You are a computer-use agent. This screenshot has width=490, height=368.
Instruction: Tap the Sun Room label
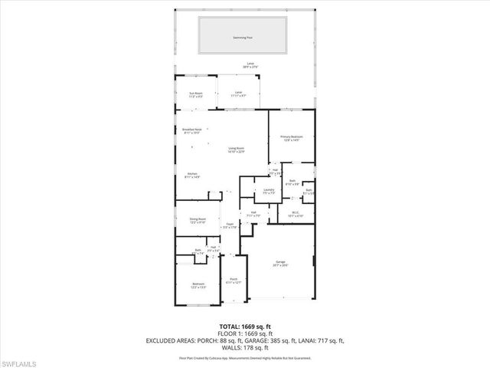coord(196,95)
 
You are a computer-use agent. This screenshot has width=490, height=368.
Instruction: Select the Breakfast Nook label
coord(191,131)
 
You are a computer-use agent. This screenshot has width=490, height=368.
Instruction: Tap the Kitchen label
coord(193,176)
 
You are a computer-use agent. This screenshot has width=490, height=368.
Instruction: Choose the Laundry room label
coord(268,191)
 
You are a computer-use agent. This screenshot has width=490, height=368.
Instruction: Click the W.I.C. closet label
coord(296,215)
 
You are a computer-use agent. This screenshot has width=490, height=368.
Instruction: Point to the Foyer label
coord(229,225)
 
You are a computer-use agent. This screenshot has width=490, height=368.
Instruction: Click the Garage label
coord(281,263)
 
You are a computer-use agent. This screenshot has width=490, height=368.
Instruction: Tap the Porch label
coord(233,281)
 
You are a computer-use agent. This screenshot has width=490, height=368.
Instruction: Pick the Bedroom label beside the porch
coord(198,285)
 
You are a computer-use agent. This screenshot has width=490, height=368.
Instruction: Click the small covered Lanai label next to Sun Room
coord(238,95)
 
